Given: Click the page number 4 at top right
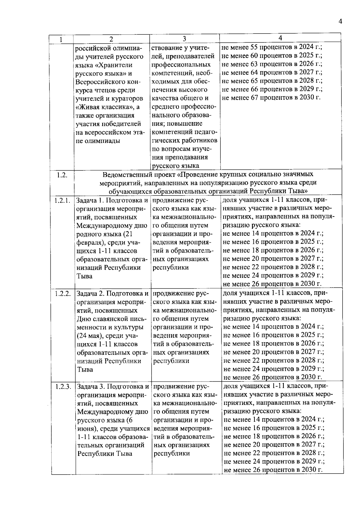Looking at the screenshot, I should click(340, 21).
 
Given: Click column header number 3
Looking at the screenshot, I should click(184, 39).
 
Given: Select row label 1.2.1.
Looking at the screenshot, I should click(62, 200).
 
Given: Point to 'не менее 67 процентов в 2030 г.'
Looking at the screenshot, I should click(271, 97).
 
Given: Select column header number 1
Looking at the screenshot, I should click(61, 39).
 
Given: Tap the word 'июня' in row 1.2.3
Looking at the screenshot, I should click(86, 429).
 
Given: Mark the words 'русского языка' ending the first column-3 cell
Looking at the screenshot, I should click(175, 166).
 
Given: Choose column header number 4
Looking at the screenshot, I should click(280, 38).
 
